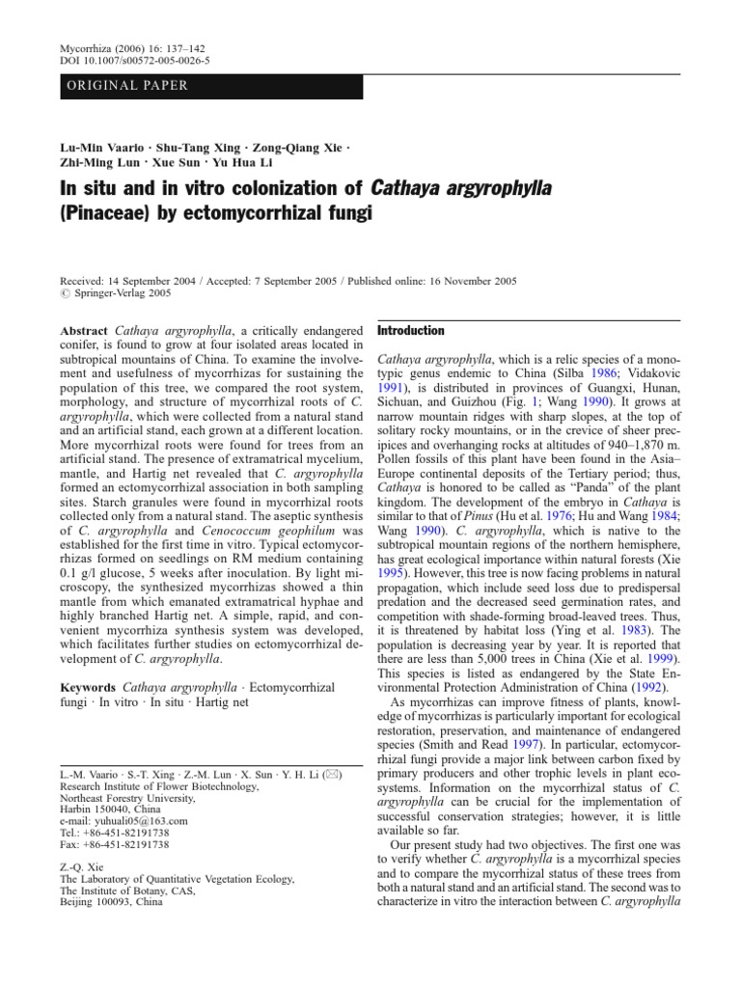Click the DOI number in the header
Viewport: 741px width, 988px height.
149,60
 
